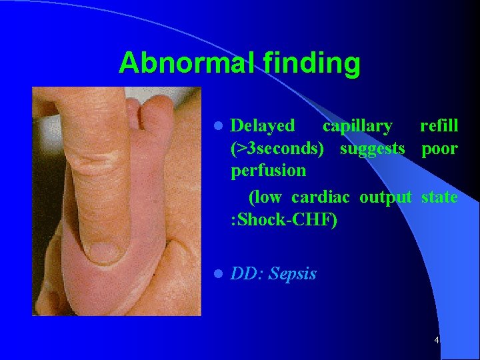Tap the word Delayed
[x=262, y=125]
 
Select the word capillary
[x=357, y=125]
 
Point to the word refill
[x=439, y=125]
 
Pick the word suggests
[x=372, y=148]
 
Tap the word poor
[x=439, y=148]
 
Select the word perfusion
[x=268, y=171]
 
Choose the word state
[x=440, y=197]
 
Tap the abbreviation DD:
[x=246, y=274]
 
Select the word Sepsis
[x=293, y=274]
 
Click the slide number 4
[x=436, y=341]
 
